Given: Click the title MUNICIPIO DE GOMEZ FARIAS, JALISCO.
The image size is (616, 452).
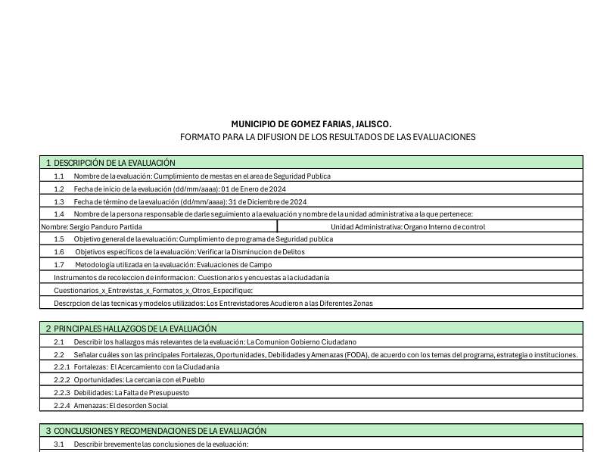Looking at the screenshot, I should (311, 123).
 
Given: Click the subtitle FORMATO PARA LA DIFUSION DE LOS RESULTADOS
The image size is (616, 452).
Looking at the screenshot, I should (327, 137).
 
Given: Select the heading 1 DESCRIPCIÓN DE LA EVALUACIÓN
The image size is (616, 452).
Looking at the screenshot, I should (110, 163).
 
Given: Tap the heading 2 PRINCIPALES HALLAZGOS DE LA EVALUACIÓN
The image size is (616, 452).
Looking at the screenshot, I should (130, 329).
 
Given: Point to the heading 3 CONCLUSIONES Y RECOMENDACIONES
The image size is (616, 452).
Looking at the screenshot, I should (155, 431).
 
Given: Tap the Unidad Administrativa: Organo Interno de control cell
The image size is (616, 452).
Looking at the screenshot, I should (408, 226).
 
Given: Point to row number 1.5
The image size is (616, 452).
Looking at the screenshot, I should (59, 239).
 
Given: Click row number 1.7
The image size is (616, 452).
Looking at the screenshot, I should (59, 265).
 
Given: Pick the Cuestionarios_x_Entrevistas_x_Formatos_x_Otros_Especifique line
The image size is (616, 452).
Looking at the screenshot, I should (153, 291).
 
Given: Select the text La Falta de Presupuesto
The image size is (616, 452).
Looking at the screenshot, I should (151, 393).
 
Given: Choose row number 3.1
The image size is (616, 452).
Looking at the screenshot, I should (59, 444).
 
